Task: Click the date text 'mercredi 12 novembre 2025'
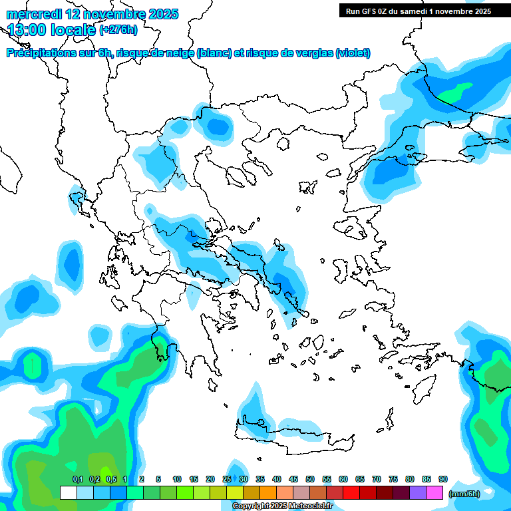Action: point(92,13)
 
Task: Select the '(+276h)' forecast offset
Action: point(118,30)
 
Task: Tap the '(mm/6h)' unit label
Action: point(464,493)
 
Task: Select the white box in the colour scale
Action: point(68,493)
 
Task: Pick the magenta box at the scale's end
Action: point(434,493)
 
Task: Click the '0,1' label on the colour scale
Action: point(77,480)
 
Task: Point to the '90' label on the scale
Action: point(443,480)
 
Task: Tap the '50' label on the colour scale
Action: point(310,480)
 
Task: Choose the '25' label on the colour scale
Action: point(227,480)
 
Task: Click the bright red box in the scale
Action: point(351,493)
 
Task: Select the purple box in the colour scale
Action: point(418,493)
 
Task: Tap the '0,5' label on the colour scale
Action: point(111,480)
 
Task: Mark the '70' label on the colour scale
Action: point(377,480)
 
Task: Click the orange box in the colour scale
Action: point(268,493)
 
